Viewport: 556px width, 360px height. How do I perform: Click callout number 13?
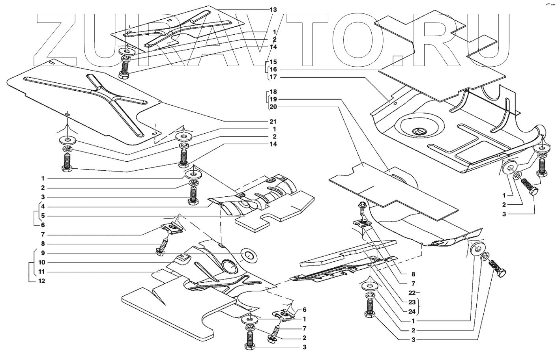[273, 10]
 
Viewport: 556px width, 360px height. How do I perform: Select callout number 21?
[273, 121]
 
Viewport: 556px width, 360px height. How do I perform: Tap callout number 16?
[273, 69]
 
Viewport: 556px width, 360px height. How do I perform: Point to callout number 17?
[273, 77]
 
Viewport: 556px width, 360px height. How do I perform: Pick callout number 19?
[273, 99]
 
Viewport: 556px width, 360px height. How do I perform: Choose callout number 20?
[273, 107]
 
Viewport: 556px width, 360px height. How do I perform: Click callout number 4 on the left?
[43, 207]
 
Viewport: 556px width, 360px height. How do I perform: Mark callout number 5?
[43, 216]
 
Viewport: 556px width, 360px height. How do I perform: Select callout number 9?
[43, 253]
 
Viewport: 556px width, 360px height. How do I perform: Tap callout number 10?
[41, 263]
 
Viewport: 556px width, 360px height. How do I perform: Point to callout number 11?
[41, 272]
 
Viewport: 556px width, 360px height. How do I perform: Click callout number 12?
[41, 281]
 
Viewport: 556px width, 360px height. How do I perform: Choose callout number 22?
[412, 293]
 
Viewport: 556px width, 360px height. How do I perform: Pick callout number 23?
[412, 302]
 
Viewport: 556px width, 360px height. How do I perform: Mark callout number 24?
[412, 312]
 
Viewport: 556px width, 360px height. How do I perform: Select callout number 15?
[273, 62]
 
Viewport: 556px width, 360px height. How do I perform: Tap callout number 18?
[273, 91]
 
